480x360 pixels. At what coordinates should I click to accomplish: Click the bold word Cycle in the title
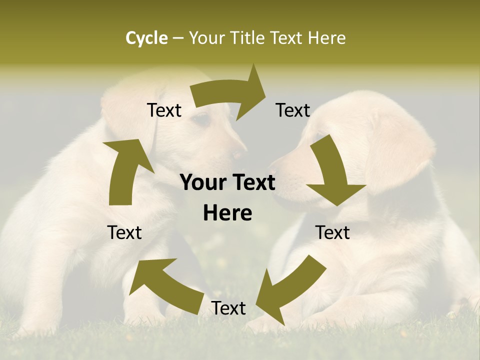click(146, 38)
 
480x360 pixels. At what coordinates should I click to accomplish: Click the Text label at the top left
click(164, 110)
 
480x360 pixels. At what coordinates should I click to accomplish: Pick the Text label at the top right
click(293, 110)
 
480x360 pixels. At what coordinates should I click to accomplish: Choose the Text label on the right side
click(332, 233)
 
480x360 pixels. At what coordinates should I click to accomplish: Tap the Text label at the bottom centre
click(228, 308)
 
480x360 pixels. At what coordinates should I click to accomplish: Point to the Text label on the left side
click(124, 233)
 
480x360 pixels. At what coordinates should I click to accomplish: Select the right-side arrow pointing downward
click(332, 172)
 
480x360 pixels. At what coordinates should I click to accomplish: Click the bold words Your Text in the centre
click(227, 183)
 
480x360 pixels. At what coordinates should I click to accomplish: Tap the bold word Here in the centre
click(227, 213)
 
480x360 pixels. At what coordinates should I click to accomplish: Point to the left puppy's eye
click(201, 119)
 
